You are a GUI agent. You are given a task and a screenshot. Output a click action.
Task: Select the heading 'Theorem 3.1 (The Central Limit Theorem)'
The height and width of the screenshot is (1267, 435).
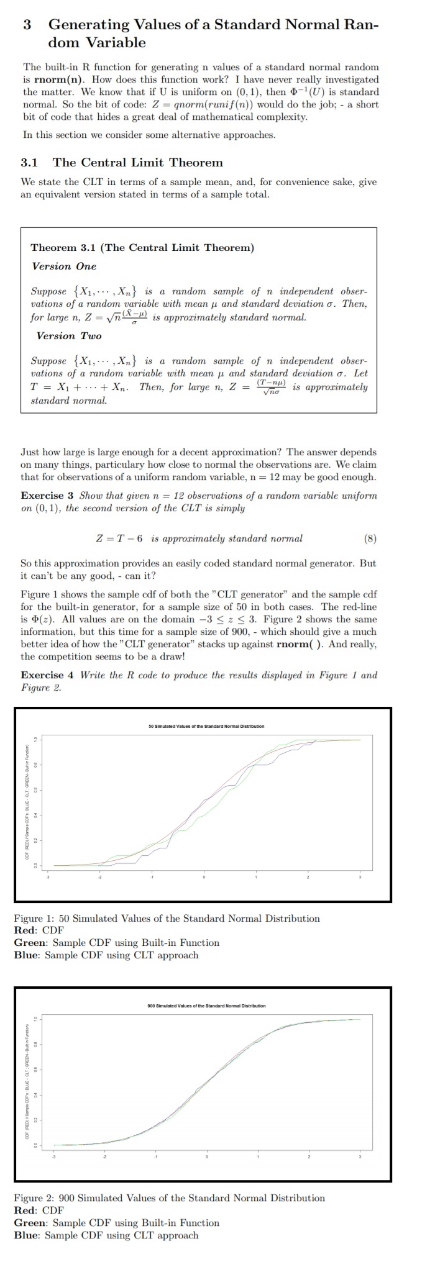click(142, 247)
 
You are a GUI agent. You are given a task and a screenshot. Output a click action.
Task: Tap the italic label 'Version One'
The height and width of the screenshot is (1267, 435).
click(64, 266)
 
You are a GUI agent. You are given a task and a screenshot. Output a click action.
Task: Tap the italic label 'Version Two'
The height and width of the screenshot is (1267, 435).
click(68, 335)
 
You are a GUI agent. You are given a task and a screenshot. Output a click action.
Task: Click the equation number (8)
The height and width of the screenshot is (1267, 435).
click(369, 538)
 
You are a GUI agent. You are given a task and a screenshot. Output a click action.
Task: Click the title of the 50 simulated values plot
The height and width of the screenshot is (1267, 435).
click(206, 726)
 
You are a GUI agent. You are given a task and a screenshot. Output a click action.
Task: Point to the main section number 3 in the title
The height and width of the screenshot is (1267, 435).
click(27, 25)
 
